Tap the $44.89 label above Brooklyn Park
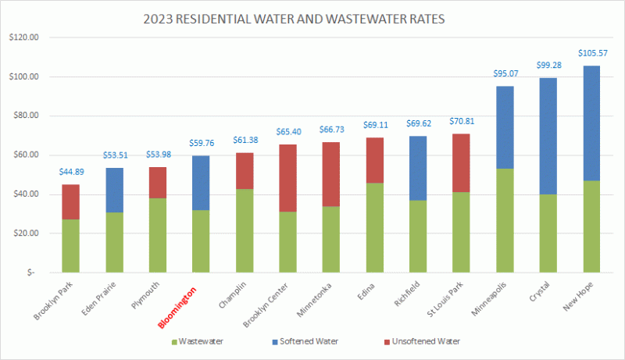[x=70, y=172]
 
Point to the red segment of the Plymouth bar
[x=158, y=183]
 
